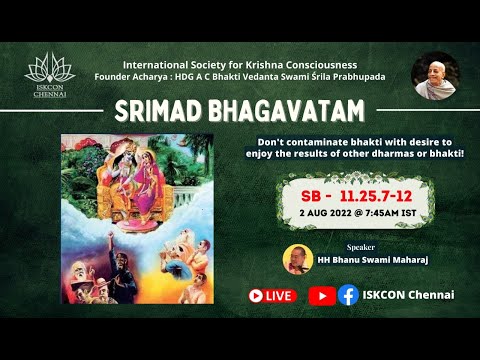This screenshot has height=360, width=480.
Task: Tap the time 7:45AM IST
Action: pos(388,213)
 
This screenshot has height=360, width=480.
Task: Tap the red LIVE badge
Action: pos(272,295)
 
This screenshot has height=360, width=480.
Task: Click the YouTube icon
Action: pos(322,295)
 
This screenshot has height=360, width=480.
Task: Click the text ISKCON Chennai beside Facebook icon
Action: pos(409,295)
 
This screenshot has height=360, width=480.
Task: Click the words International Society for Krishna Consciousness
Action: pos(240,63)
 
